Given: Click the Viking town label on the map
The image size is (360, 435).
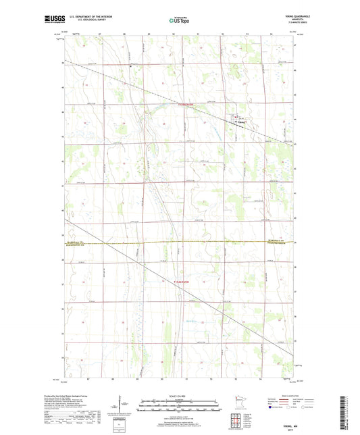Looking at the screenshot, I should (x=240, y=123).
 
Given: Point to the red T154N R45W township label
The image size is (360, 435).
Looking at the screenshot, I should (x=174, y=280).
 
